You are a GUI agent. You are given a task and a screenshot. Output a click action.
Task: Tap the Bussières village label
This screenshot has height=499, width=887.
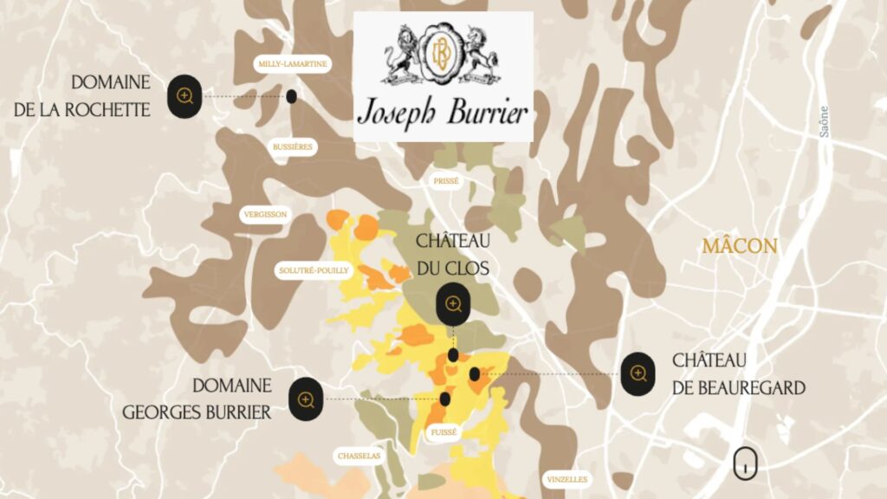(x=292, y=147)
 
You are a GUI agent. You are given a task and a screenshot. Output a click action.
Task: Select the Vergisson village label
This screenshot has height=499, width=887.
(x=265, y=214)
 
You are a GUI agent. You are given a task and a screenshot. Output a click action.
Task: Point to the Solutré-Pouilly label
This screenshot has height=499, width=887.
(x=314, y=270)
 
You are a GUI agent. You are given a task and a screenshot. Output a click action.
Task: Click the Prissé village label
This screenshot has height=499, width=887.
(x=446, y=181)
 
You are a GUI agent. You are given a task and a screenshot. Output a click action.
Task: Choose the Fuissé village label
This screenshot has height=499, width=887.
(x=443, y=431)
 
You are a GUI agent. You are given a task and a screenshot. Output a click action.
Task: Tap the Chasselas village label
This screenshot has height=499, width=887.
(x=359, y=456)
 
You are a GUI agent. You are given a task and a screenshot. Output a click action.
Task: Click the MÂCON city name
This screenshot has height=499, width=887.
(x=739, y=247)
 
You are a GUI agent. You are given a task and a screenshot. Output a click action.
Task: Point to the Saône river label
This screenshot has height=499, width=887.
(x=823, y=121)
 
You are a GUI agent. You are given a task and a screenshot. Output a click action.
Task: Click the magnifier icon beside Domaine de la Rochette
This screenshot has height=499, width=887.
(x=185, y=95)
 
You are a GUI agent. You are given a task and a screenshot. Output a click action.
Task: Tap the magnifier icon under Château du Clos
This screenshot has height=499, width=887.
(x=453, y=304)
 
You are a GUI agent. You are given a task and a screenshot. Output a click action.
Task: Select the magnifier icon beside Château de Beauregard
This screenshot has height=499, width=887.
(x=638, y=373)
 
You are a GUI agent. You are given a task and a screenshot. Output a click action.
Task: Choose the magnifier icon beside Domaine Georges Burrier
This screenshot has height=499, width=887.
(x=306, y=399)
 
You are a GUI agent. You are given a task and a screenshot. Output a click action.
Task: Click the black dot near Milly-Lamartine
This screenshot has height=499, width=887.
(x=292, y=96)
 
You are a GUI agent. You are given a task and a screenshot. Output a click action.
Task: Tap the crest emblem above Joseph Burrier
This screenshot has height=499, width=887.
(x=443, y=55)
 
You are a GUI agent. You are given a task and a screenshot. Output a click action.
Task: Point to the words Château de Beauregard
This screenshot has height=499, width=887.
(x=739, y=373)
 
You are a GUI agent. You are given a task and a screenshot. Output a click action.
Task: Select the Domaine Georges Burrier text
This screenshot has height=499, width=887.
(x=197, y=399)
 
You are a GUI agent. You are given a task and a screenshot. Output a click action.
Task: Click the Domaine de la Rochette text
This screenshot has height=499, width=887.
(x=111, y=95)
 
